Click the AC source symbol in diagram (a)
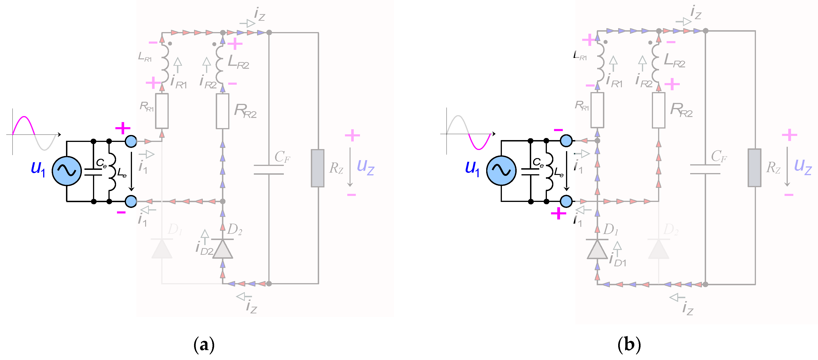[67, 171]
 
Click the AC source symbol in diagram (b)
[501, 171]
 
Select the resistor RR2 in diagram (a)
[222, 111]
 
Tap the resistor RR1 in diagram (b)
[597, 110]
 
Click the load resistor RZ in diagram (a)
[317, 168]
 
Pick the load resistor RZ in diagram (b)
[754, 168]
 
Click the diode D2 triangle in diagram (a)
[222, 249]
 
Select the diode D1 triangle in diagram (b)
[597, 250]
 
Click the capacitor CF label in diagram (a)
[282, 157]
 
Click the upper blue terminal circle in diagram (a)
[131, 141]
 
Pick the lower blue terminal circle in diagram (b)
[566, 201]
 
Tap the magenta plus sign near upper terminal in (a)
[123, 128]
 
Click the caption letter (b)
[629, 345]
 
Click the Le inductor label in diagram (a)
[122, 173]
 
